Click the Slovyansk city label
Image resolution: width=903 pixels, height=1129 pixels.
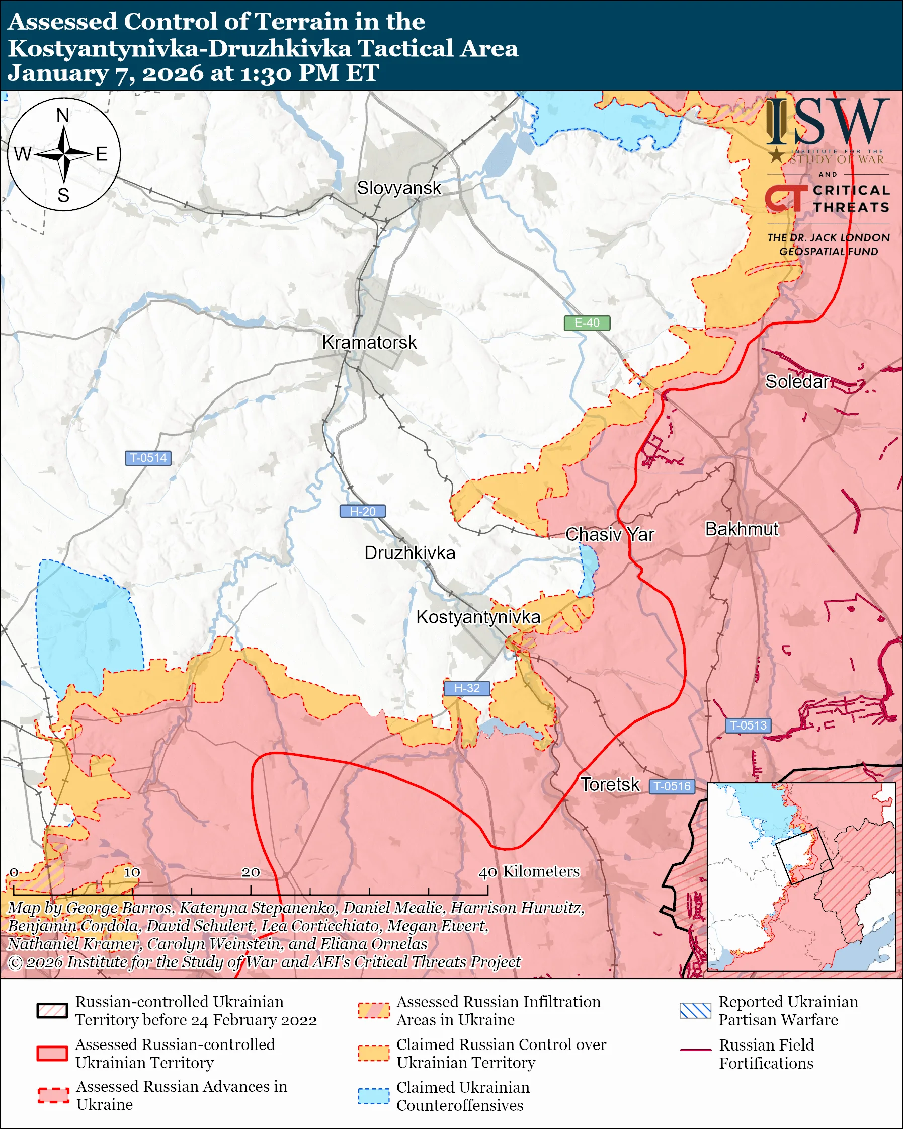point(399,188)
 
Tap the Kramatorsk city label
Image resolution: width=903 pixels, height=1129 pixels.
point(369,342)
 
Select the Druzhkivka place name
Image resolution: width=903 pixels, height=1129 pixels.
point(409,553)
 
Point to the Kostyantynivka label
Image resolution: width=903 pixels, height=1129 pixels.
point(478,617)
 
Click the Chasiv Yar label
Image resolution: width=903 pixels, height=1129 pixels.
point(609,534)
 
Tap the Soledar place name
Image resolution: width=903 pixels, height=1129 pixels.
point(797,382)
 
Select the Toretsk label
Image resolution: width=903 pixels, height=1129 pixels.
point(609,784)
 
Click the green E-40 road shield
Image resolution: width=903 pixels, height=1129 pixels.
point(586,322)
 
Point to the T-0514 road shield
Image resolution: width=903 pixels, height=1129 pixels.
point(148,458)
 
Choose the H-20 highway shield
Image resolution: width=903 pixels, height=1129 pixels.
point(362,511)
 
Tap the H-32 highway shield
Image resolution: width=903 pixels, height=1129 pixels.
point(466,688)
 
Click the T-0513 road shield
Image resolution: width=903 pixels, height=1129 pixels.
point(748,725)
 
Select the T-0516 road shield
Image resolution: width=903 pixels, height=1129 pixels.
point(672,786)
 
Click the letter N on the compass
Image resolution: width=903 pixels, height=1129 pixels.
point(63,115)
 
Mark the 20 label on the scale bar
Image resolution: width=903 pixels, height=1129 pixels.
point(250,872)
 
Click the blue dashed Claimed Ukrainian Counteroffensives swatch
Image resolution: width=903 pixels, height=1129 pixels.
point(373,1096)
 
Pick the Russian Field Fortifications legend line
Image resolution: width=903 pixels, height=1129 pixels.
point(695,1050)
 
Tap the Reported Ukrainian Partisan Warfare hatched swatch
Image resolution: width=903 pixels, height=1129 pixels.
point(695,1011)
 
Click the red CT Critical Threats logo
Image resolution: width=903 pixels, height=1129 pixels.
point(786,198)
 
